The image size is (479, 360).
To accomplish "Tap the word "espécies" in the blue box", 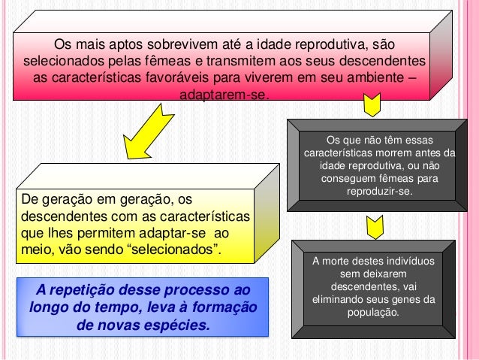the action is pyautogui.click(x=176, y=326).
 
